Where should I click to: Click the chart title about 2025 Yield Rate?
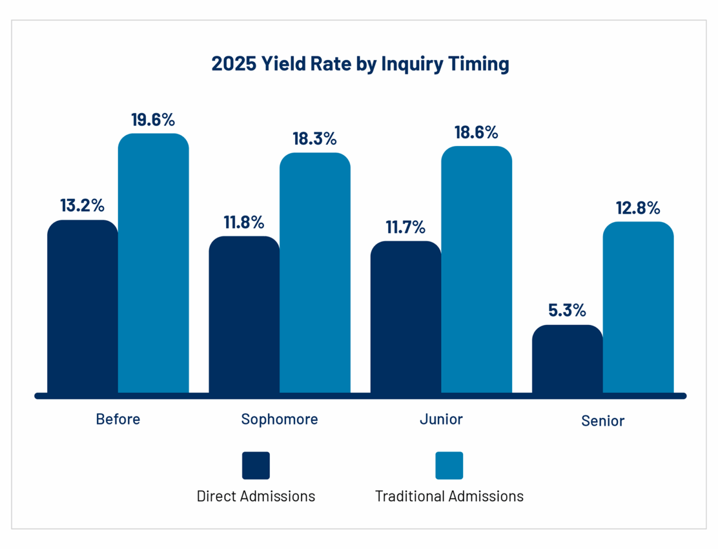[x=360, y=64]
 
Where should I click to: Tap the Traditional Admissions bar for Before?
[x=153, y=263]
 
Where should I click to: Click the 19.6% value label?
[x=153, y=120]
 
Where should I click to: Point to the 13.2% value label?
[x=82, y=205]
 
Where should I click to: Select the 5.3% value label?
[x=567, y=311]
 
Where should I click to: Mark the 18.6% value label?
[x=476, y=132]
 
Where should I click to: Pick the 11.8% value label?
[x=244, y=222]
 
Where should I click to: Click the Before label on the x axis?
[x=118, y=418]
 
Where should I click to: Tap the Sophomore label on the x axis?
[x=279, y=418]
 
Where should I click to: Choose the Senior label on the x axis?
[x=603, y=420]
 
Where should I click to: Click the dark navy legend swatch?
[x=256, y=465]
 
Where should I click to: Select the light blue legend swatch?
[x=449, y=465]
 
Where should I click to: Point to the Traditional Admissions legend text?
[x=449, y=496]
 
